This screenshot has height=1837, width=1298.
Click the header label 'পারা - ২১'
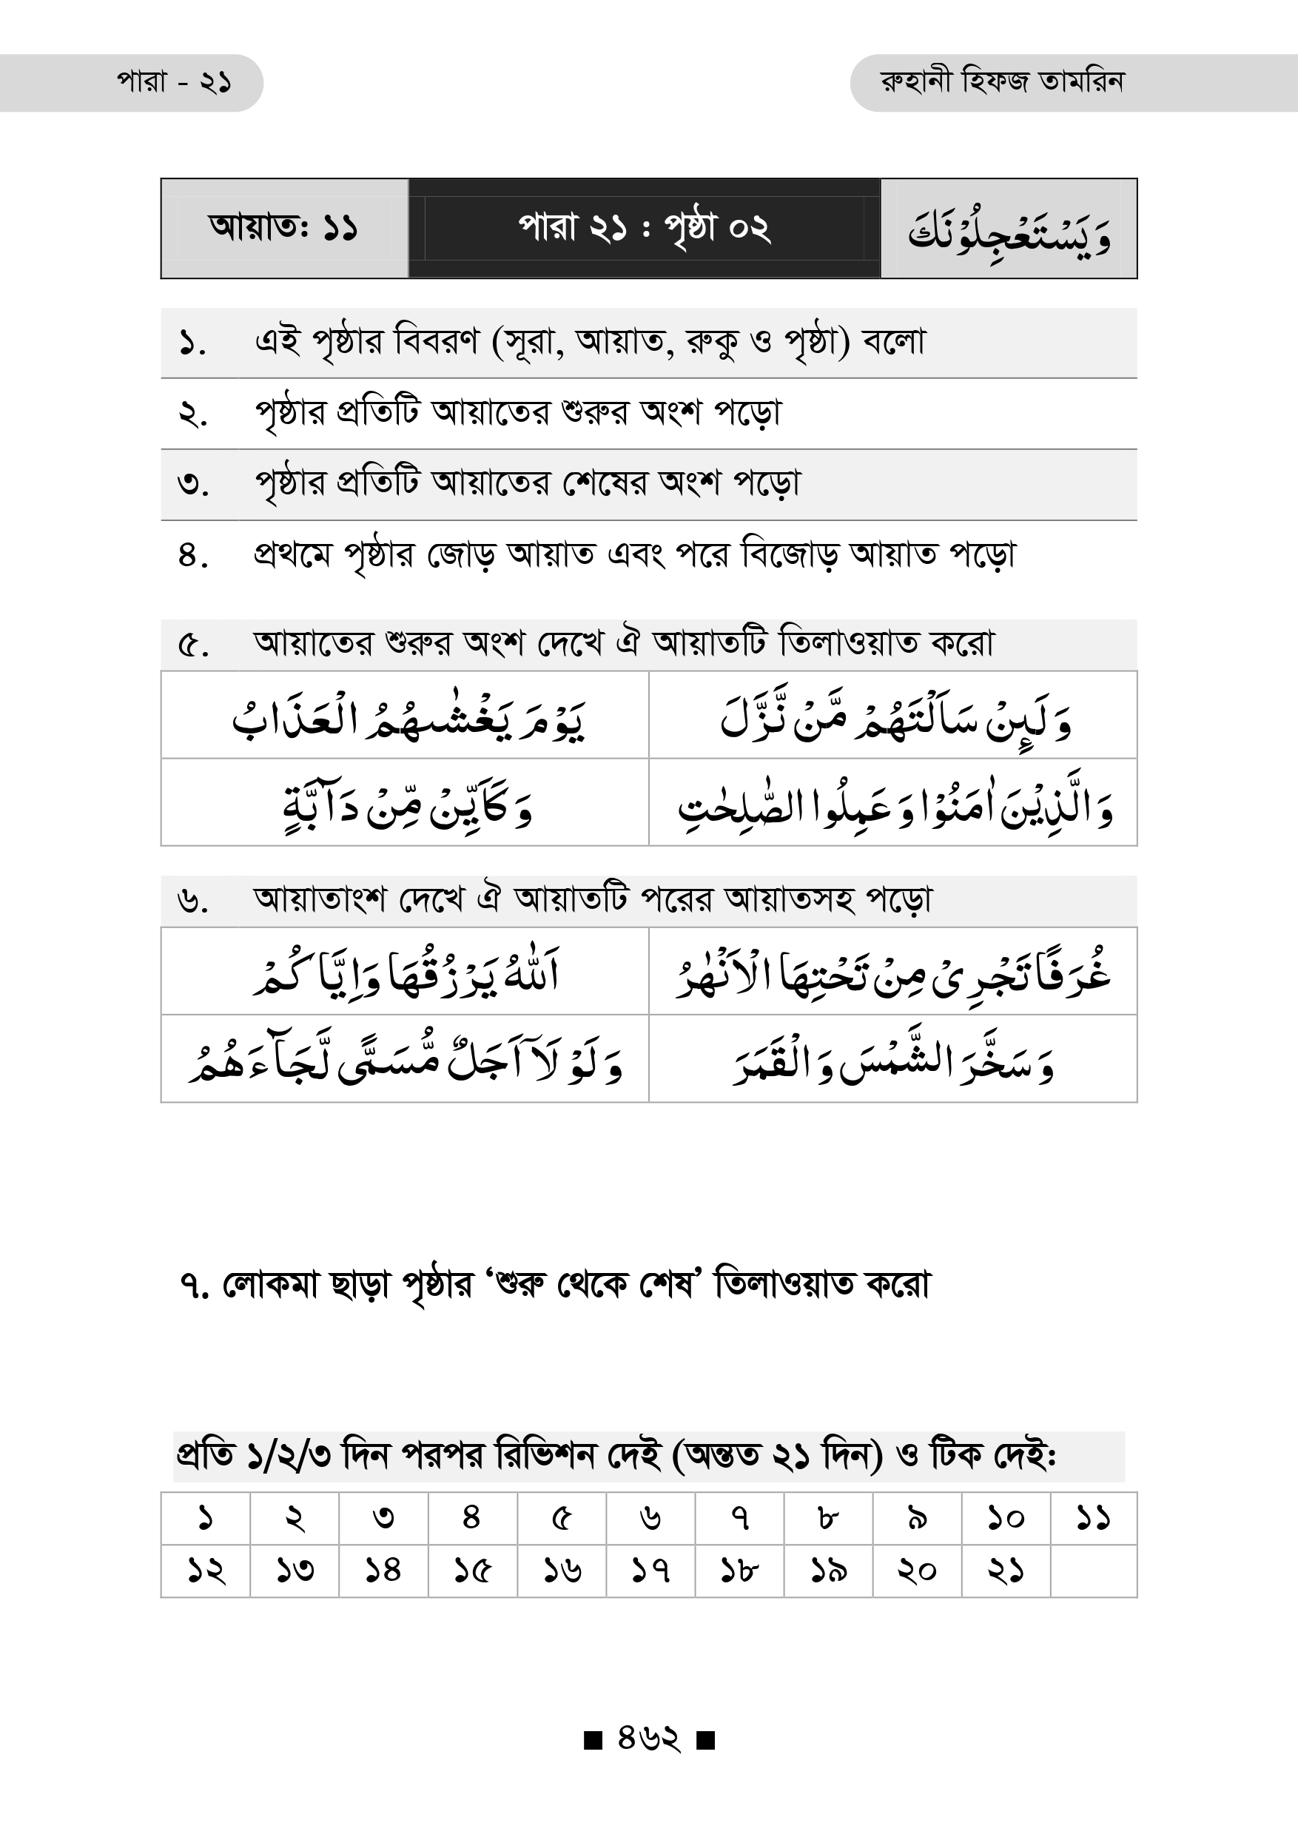[x=175, y=82]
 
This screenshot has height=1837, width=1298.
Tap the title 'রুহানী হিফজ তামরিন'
[x=1001, y=82]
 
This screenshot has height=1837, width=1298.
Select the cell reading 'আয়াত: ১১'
[x=283, y=228]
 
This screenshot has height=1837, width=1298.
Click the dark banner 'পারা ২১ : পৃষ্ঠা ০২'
[x=644, y=228]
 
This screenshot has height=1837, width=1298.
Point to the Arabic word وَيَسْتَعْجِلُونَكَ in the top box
[x=1009, y=232]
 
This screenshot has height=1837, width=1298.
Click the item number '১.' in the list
[x=192, y=343]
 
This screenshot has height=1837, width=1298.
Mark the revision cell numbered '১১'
[x=1092, y=1518]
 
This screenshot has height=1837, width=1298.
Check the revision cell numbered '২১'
[x=1004, y=1571]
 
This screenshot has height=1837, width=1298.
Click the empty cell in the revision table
[x=1092, y=1571]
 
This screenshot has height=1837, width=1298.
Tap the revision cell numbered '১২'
[x=206, y=1571]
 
